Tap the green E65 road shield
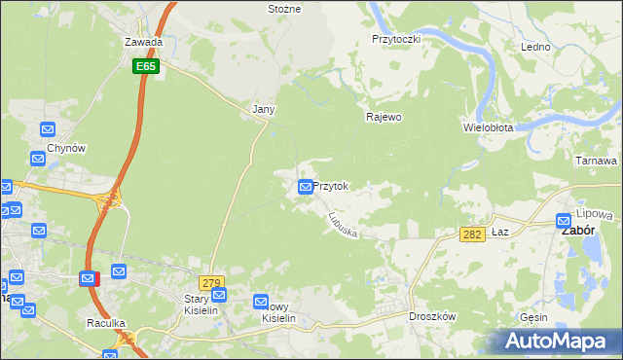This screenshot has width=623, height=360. pyautogui.click(x=147, y=66)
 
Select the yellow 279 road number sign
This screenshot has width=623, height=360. pyautogui.click(x=212, y=282)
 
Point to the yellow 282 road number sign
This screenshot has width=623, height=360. pyautogui.click(x=472, y=234)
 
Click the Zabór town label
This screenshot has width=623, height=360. pyautogui.click(x=575, y=234)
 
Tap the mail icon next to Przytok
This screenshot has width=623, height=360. pyautogui.click(x=307, y=186)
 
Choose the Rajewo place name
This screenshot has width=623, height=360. pyautogui.click(x=384, y=117)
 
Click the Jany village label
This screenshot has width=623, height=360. pyautogui.click(x=263, y=110)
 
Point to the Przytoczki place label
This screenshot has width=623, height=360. pyautogui.click(x=395, y=38)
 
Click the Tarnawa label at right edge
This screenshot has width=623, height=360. pyautogui.click(x=597, y=161)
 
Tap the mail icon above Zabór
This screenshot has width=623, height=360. pyautogui.click(x=564, y=221)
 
